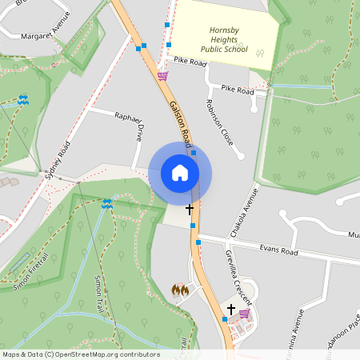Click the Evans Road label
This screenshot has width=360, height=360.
tap(278, 251)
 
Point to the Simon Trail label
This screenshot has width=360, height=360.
tap(106, 294)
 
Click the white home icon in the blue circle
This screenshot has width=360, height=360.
tap(180, 173)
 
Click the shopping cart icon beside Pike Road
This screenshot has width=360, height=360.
tap(163, 76)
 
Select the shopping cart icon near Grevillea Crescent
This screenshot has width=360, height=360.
tap(244, 314)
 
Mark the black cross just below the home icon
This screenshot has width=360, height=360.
tap(190, 210)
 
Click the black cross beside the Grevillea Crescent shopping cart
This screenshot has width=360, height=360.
tap(231, 309)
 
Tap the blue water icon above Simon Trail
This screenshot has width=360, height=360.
tap(106, 204)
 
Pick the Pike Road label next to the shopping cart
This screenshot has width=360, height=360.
tap(190, 61)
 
